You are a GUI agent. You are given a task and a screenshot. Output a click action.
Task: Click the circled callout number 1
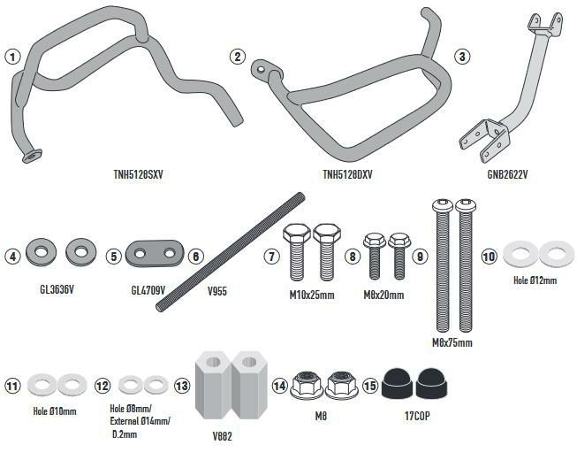coord(11,57)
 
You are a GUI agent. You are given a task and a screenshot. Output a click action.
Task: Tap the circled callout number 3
coord(461,57)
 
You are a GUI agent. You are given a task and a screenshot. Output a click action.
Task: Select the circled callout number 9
coord(420,257)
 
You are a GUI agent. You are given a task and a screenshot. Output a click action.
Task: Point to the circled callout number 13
coord(181,386)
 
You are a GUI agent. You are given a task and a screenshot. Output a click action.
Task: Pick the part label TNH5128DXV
coord(347,174)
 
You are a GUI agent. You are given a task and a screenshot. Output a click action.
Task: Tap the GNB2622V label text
coord(507,174)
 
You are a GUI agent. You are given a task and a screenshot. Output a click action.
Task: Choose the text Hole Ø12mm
coord(535,280)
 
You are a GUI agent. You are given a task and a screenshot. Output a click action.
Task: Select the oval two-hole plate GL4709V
coord(152,255)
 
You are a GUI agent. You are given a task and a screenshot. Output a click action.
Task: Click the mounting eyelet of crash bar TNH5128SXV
coord(32,155)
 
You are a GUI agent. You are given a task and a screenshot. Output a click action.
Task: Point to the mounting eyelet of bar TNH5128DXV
coord(259,65)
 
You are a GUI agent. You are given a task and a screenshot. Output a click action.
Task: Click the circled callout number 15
coord(369,386)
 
